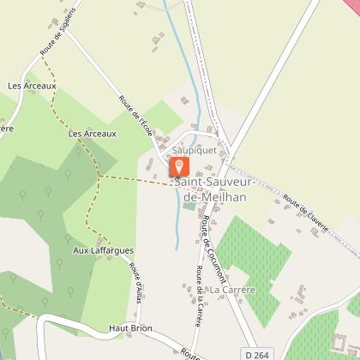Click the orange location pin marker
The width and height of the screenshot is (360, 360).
point(179,166)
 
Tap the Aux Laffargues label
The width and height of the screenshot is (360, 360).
point(103,250)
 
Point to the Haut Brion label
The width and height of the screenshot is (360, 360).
point(129,327)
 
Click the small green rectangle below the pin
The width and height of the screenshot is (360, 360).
point(189,205)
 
